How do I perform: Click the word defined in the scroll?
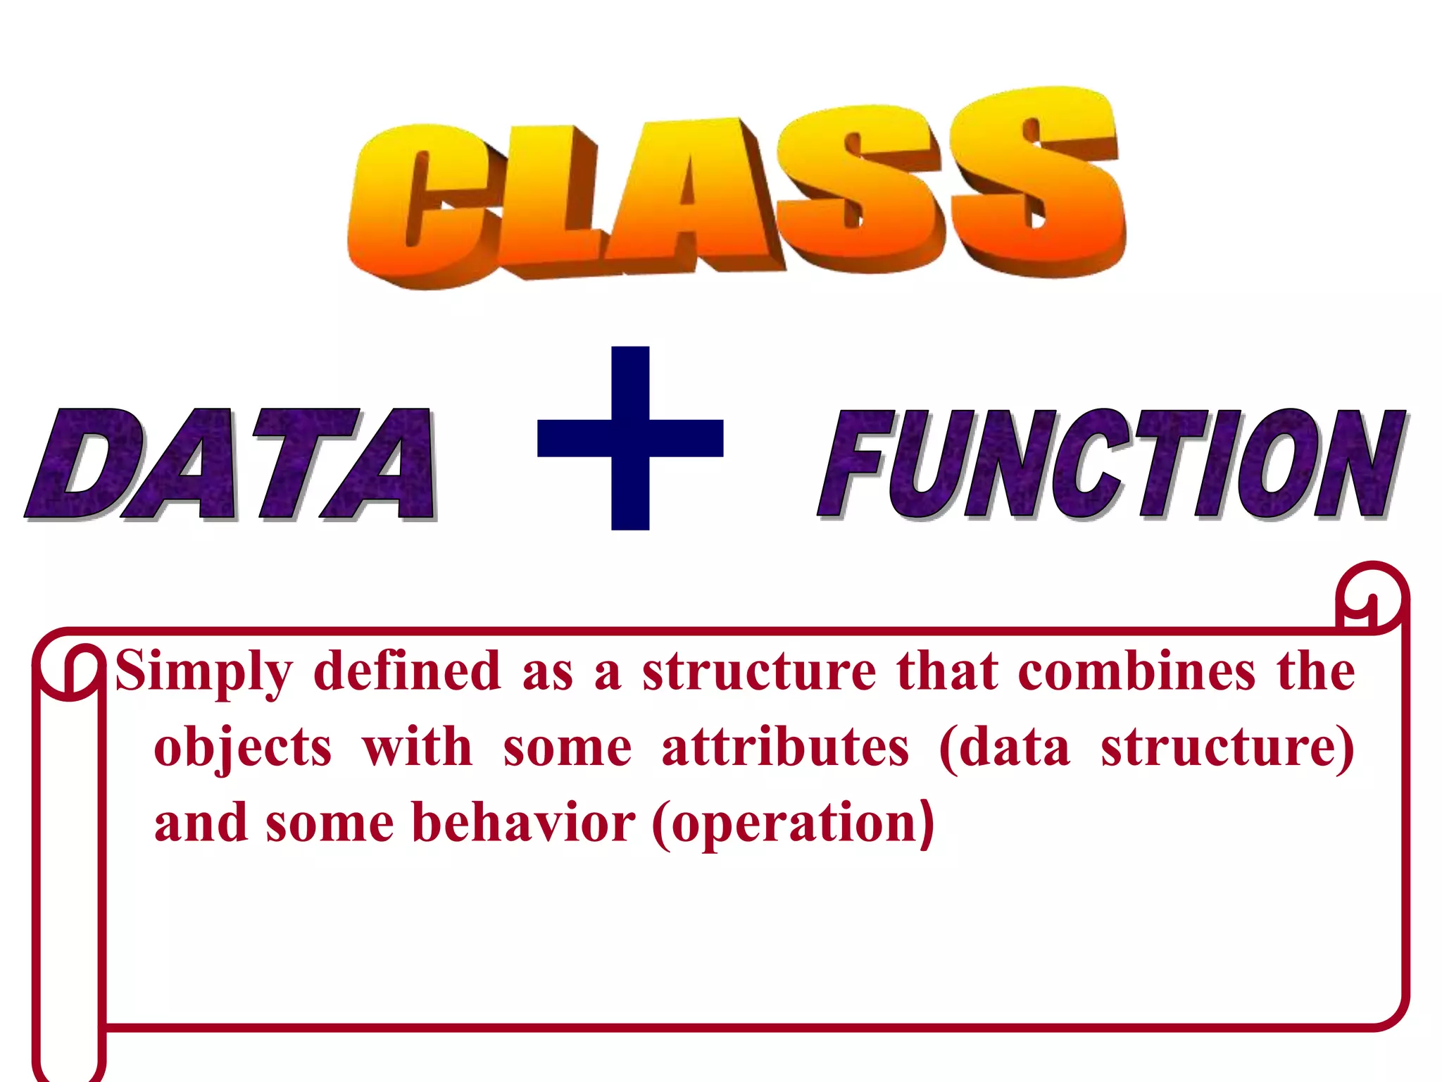(407, 671)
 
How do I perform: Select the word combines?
(1136, 671)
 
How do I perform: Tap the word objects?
(243, 748)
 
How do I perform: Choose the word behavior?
(523, 823)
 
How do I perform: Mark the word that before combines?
(947, 671)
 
